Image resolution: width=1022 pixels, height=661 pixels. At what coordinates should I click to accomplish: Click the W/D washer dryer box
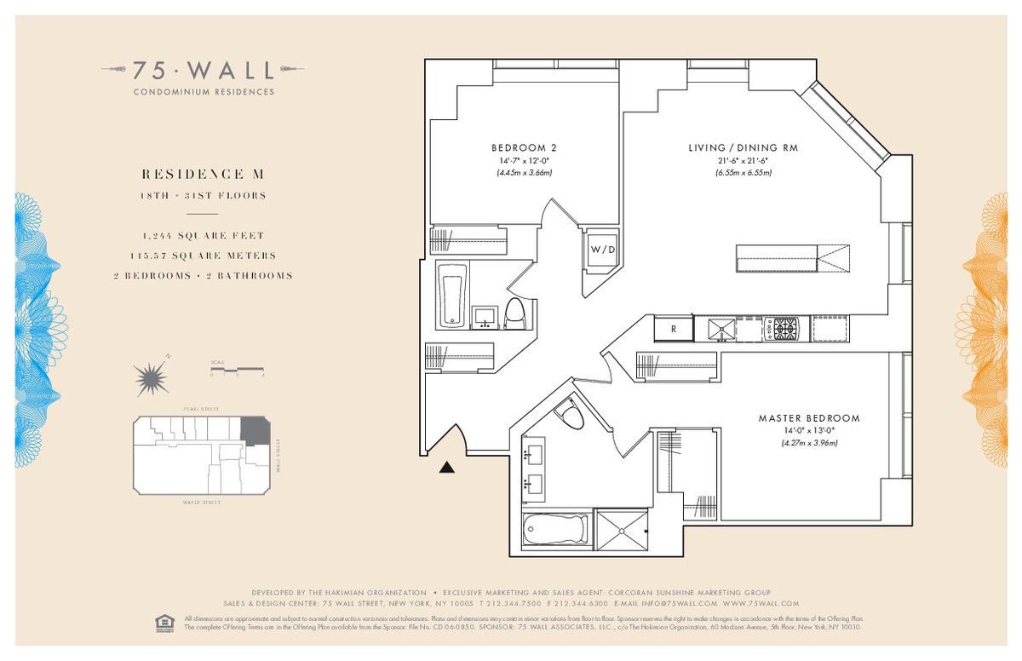tap(599, 250)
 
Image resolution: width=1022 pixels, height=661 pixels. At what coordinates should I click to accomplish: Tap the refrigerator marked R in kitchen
tap(674, 329)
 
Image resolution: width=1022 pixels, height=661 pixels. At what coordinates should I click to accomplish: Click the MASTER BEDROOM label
tap(809, 418)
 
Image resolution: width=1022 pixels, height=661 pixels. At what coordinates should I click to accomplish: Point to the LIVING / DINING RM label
tap(743, 148)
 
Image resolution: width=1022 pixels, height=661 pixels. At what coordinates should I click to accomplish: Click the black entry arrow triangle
tap(447, 466)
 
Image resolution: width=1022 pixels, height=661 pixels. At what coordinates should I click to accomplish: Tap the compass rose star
tap(151, 376)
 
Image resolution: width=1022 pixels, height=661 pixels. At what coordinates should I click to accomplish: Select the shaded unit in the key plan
tap(255, 429)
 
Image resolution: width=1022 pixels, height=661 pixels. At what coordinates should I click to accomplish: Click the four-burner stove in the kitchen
tap(781, 328)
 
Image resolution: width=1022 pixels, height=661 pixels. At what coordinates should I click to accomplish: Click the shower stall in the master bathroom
tap(621, 532)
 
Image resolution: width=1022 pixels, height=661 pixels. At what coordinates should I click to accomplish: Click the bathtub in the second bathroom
tap(451, 296)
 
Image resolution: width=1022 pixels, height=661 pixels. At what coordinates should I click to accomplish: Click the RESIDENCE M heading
tap(204, 174)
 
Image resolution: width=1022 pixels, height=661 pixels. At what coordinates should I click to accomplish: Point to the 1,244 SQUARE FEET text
tap(204, 235)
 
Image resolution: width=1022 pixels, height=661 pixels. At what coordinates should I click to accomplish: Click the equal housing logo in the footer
tap(164, 623)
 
